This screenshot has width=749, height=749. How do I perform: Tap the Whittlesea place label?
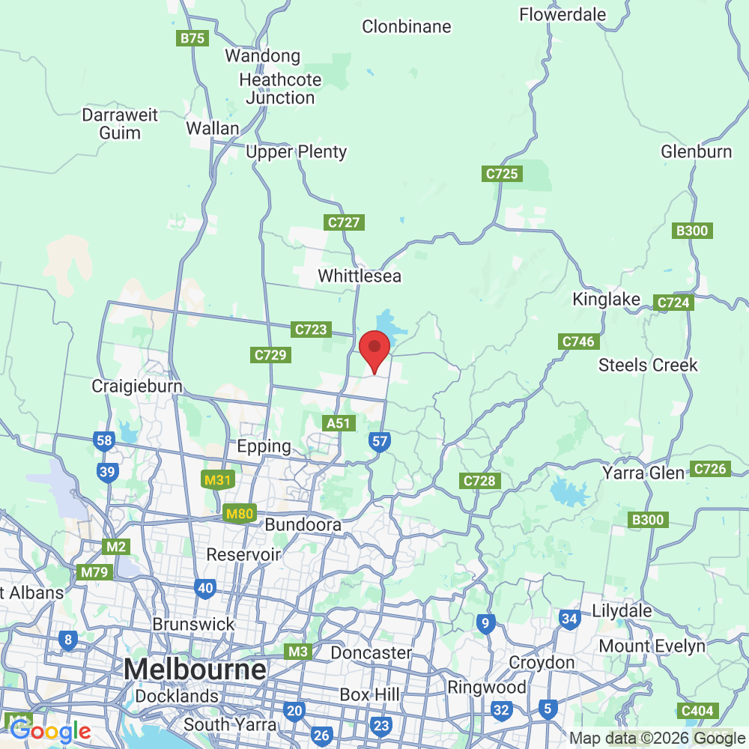(360, 276)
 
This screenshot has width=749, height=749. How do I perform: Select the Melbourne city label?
(195, 669)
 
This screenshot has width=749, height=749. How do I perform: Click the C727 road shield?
(345, 222)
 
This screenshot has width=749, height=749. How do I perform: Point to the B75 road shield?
(192, 38)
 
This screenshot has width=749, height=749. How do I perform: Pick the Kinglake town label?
(607, 300)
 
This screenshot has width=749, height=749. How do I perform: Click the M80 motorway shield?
(240, 514)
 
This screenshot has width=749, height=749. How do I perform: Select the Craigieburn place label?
(137, 386)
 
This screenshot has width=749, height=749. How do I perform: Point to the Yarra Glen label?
(643, 473)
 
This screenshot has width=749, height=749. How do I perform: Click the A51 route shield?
(339, 423)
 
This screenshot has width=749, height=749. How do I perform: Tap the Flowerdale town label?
(562, 14)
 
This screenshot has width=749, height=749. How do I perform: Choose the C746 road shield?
(578, 342)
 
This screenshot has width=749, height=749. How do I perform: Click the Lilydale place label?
(622, 610)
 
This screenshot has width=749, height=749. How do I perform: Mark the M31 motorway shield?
(217, 480)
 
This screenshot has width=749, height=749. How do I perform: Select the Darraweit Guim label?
(120, 124)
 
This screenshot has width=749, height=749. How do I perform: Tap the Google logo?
(50, 731)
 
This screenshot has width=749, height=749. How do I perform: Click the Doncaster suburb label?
(371, 653)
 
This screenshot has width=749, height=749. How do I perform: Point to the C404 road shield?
(697, 710)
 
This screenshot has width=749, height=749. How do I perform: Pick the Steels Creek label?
(648, 366)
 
